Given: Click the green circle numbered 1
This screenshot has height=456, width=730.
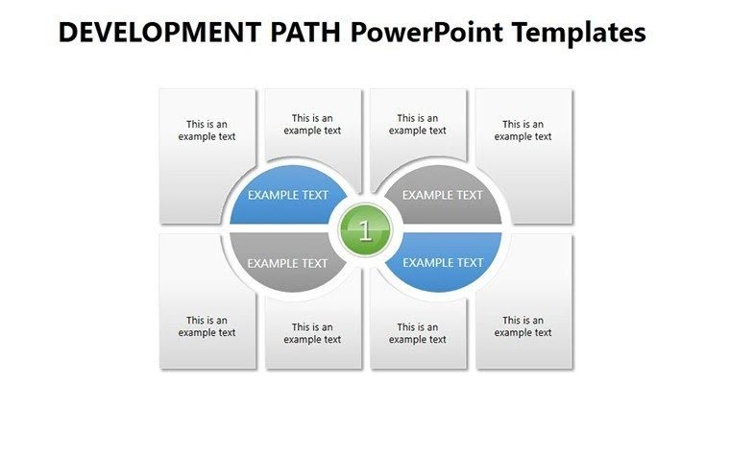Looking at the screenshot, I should [365, 230].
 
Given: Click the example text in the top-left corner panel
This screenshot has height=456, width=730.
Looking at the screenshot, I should [207, 130].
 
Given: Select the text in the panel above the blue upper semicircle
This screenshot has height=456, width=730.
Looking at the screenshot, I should [312, 125].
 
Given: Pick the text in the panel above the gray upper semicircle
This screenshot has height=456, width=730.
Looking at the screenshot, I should [418, 125].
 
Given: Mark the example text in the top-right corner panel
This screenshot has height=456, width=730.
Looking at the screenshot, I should [523, 130].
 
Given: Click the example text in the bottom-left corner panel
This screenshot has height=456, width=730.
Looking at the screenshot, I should [207, 326].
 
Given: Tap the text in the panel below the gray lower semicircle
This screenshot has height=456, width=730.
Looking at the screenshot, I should [312, 333].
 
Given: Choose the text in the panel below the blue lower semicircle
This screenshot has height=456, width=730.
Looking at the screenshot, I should [418, 333].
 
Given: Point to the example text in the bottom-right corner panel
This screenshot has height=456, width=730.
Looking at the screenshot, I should [523, 326].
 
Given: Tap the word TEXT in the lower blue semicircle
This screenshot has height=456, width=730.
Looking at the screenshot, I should [470, 262].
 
